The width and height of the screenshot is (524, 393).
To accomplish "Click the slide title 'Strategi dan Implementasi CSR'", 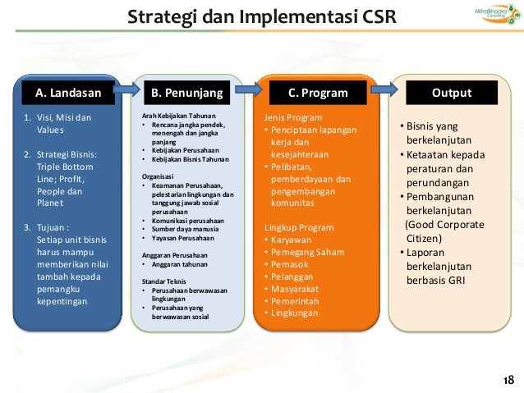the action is [x=261, y=16].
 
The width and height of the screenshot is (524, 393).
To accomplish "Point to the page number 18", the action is [x=508, y=379].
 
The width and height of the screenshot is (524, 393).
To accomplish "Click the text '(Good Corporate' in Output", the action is [x=444, y=224].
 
